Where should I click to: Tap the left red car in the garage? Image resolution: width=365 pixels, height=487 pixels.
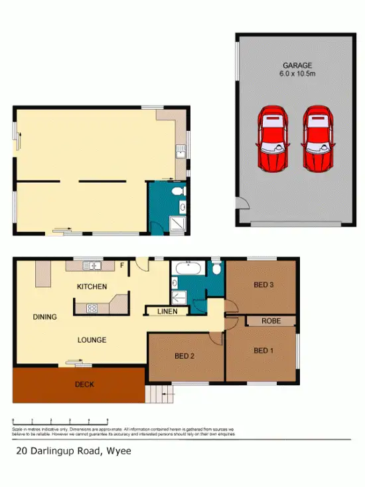tap(272, 139)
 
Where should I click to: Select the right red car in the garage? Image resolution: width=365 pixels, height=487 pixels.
tap(317, 139)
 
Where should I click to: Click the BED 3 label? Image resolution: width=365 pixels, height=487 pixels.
tap(263, 286)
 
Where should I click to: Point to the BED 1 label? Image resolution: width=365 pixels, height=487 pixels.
tap(263, 350)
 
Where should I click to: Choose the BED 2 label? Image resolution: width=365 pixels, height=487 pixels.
tap(184, 356)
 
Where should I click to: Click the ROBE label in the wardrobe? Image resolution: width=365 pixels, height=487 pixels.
tap(270, 321)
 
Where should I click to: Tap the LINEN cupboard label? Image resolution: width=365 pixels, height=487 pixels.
tap(167, 312)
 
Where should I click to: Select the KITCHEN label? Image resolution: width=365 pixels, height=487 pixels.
tap(92, 287)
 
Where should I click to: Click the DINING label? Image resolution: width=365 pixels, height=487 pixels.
tap(44, 317)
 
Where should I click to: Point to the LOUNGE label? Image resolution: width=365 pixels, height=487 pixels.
tap(92, 340)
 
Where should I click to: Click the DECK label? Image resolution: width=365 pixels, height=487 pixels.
tap(84, 384)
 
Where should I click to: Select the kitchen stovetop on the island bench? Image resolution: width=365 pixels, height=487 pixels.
tap(92, 308)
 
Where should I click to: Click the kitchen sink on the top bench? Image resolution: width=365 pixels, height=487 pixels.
tap(92, 266)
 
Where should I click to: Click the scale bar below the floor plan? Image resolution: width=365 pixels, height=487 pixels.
tap(60, 421)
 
